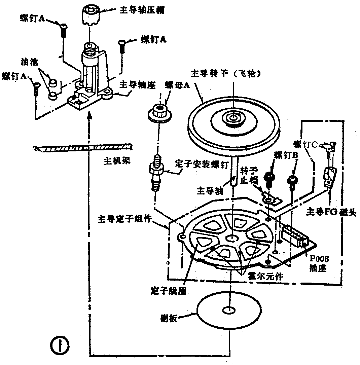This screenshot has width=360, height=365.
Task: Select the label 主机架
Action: (x=116, y=160)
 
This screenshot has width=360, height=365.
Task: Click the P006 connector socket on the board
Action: (x=296, y=236)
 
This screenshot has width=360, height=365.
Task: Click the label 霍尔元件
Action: (x=265, y=277)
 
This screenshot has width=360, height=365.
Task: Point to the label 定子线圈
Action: (x=169, y=290)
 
